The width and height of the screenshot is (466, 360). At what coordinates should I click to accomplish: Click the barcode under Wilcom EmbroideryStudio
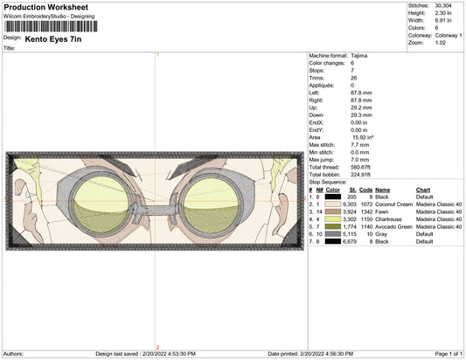tap(51, 26)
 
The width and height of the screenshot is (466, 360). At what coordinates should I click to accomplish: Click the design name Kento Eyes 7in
tap(53, 39)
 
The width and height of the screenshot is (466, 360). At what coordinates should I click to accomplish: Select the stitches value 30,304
tap(443, 5)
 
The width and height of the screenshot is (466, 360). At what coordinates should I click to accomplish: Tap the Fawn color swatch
tap(332, 211)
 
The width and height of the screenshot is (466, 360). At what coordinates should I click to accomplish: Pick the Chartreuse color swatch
tap(332, 219)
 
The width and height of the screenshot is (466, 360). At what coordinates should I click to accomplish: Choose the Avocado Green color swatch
tap(332, 226)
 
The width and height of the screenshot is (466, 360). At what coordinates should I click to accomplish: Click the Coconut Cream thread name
tap(393, 204)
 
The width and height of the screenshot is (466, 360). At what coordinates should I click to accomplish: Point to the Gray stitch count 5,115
tap(349, 234)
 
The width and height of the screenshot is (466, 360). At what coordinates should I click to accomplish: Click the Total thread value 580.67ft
tap(360, 167)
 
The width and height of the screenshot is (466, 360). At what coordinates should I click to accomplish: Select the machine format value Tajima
tap(358, 56)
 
